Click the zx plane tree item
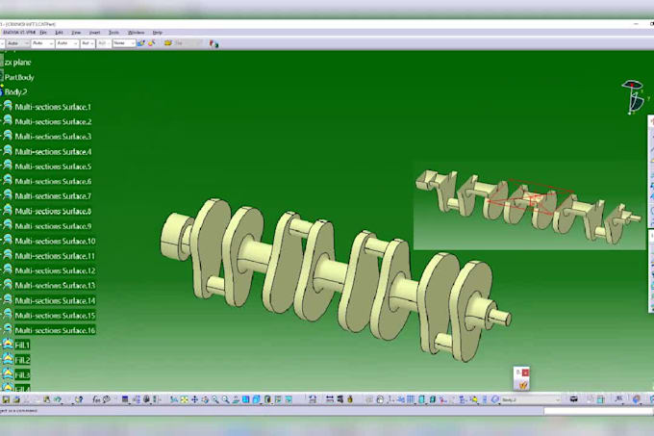(18, 62)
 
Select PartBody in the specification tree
(19, 77)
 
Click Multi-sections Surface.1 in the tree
(53, 107)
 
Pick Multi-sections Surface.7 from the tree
(53, 196)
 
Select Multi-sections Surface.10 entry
(55, 241)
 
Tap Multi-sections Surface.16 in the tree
(55, 330)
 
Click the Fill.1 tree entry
(22, 345)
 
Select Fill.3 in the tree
(22, 374)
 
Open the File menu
(43, 33)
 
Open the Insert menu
(94, 33)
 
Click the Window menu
(137, 33)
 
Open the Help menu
(158, 33)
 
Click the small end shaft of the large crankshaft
(499, 316)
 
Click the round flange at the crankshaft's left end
(178, 234)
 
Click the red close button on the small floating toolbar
(525, 372)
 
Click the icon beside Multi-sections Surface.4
(7, 152)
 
